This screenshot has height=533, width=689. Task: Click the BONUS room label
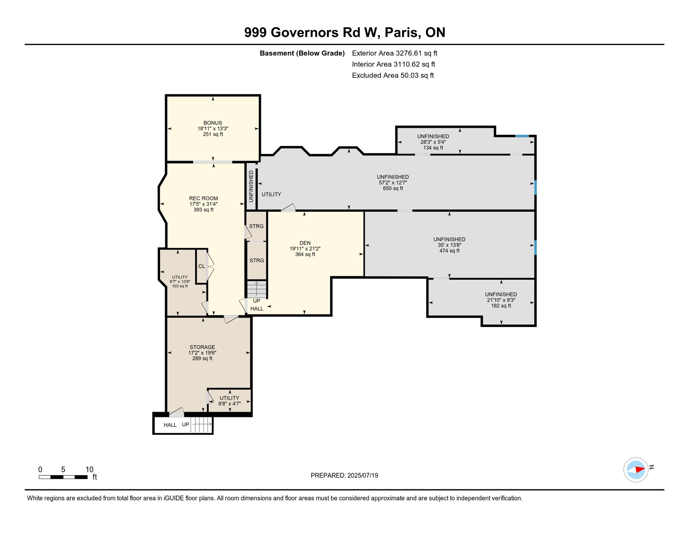212,123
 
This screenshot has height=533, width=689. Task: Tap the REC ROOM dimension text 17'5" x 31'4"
203,204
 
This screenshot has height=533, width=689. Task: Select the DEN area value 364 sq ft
305,254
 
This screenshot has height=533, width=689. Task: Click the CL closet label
201,266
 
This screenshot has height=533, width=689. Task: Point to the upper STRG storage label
256,226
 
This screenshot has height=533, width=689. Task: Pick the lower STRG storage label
256,260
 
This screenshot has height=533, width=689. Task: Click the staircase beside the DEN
256,289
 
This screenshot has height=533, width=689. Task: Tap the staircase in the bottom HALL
201,424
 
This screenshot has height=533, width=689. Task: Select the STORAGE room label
202,347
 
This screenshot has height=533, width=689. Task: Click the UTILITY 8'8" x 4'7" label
229,401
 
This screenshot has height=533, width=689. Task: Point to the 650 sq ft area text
393,188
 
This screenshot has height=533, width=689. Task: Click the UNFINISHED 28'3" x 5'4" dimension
433,142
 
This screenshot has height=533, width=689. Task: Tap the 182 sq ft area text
501,306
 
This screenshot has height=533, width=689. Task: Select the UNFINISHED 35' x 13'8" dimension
449,245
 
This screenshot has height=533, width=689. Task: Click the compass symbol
636,470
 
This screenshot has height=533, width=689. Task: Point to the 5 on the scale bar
63,469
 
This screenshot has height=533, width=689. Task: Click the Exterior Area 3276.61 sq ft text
394,53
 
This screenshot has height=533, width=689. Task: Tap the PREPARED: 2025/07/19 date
344,475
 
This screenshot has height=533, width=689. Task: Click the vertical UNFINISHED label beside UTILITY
251,186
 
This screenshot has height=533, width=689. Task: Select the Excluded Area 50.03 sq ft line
393,75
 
